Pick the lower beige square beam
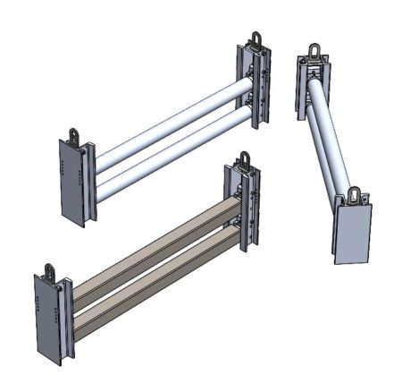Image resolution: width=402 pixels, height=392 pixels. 152,277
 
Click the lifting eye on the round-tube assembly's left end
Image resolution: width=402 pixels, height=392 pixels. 73,135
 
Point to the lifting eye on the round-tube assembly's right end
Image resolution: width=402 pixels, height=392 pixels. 254,39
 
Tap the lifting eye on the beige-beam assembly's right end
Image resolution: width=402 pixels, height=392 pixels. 244,162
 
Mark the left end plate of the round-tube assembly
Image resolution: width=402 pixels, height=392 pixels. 71,183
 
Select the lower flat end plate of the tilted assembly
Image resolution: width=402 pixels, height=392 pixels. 354,233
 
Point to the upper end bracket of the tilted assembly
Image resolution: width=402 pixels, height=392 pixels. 314,85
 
